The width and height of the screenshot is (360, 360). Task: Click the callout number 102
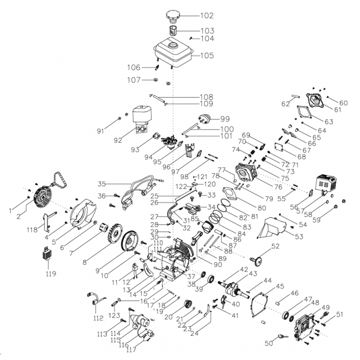point(192,16)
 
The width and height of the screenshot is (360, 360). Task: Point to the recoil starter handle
point(62,178)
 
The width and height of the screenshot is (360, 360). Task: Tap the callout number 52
point(276,246)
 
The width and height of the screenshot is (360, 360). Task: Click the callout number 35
point(102,184)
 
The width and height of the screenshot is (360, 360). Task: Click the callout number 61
point(337,110)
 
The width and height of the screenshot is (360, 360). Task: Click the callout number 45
point(280,286)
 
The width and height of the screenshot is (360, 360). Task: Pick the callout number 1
point(10,210)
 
